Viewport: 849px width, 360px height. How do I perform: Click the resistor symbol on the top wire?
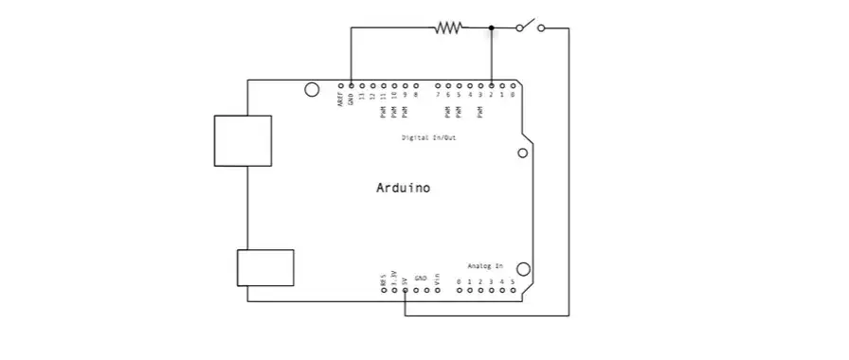tap(448, 28)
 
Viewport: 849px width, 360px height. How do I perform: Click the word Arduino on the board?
tap(403, 188)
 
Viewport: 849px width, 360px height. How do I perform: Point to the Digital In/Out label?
tap(427, 138)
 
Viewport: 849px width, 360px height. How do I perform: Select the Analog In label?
tap(485, 266)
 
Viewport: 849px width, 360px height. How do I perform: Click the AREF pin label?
tap(340, 99)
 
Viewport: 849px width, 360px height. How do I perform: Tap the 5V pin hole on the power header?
tap(405, 291)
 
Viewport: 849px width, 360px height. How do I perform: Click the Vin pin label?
tap(438, 280)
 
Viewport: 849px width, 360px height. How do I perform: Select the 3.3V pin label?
tap(394, 279)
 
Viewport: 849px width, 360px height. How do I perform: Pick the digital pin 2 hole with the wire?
tap(492, 84)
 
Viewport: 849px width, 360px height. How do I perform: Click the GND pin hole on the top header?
tap(351, 84)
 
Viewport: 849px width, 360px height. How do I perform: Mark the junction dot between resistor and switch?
tap(491, 28)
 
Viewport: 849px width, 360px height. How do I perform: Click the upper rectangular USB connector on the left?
tap(243, 140)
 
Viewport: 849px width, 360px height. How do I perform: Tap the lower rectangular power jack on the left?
tap(264, 266)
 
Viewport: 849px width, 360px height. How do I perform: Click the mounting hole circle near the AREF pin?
tap(311, 90)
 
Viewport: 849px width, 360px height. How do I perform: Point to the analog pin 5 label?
tap(513, 282)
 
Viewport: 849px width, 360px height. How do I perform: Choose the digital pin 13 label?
tap(362, 96)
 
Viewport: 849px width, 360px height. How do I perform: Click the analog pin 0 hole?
tap(460, 291)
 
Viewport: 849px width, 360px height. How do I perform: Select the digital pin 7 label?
tap(438, 95)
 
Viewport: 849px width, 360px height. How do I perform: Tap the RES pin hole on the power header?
tap(384, 291)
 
